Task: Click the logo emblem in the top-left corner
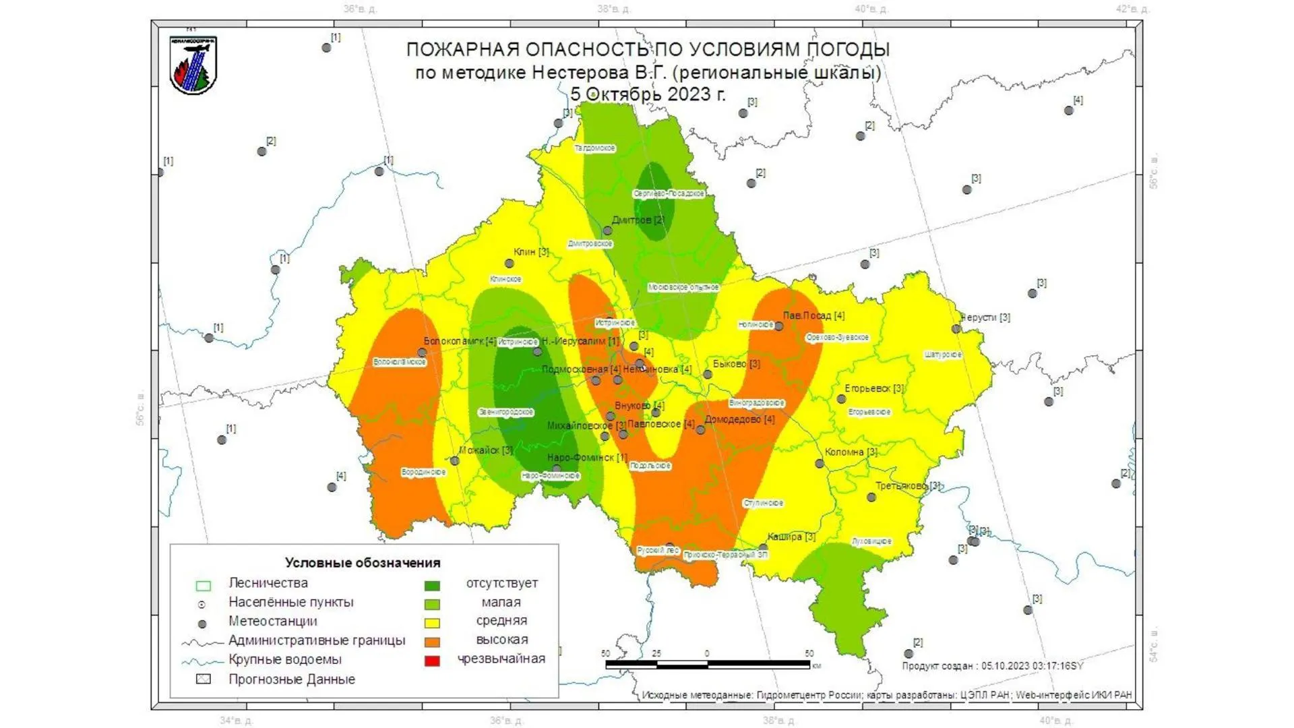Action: [x=193, y=65]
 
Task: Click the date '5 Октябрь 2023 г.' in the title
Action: [x=648, y=94]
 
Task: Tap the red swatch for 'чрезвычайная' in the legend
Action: [x=432, y=661]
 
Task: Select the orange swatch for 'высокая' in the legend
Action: [x=432, y=642]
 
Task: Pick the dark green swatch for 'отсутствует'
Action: [x=432, y=585]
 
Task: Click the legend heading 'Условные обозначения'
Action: [x=363, y=563]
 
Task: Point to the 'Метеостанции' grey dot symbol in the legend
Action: [x=202, y=624]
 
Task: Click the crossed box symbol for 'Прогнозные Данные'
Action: [x=203, y=679]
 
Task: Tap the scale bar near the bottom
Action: [x=708, y=665]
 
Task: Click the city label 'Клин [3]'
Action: [x=531, y=252]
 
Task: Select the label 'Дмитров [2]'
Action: [x=638, y=220]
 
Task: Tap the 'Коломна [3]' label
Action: [x=851, y=452]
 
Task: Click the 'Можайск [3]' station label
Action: [x=485, y=450]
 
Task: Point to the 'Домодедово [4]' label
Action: [x=739, y=419]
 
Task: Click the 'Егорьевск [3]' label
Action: [x=874, y=388]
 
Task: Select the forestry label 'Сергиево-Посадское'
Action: [x=669, y=193]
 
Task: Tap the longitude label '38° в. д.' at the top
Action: [x=614, y=9]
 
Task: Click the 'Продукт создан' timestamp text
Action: [x=992, y=666]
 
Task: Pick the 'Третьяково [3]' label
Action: [x=907, y=485]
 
